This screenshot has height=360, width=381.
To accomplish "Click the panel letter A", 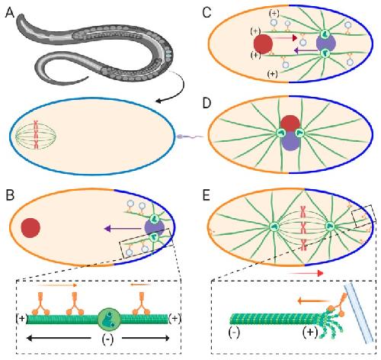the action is tap(10, 12).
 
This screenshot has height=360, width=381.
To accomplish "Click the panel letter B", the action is tap(10, 195).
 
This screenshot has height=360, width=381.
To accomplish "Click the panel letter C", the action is tap(207, 12).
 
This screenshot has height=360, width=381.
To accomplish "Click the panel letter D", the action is tap(207, 104).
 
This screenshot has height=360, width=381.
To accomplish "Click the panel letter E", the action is tap(207, 195).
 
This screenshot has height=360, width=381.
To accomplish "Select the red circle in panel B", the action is tap(30, 227).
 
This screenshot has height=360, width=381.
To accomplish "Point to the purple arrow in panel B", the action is tap(123, 229).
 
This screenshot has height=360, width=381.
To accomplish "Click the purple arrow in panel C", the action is tap(306, 51).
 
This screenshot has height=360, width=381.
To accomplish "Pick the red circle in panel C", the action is tap(263, 44).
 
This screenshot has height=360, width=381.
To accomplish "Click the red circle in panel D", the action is tap(290, 124).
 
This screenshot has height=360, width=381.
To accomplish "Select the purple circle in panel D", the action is tap(291, 141).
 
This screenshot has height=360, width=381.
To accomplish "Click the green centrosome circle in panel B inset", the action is tap(109, 319).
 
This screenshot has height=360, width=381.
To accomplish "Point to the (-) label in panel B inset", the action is tap(107, 339).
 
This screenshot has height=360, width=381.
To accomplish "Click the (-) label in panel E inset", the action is tap(234, 333).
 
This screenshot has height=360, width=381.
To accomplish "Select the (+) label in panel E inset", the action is tap(310, 332).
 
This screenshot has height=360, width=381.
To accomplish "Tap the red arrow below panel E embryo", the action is tap(306, 273).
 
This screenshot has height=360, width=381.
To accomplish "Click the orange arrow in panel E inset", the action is tap(312, 301).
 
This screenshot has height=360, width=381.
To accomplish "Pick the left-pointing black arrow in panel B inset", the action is tap(59, 338).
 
